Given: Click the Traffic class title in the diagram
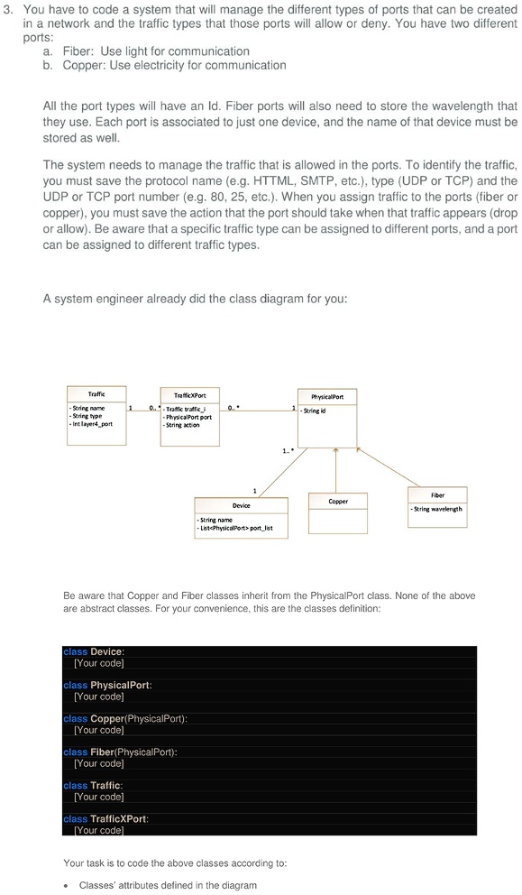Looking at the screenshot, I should coord(96,393).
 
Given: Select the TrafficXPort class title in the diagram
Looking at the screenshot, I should coord(189,396).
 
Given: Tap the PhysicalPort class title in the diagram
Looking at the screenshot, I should coord(332,396).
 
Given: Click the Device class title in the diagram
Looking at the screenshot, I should coord(242,505).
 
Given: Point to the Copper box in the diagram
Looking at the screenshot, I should coord(338,501).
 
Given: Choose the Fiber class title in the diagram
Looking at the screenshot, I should coord(438,494).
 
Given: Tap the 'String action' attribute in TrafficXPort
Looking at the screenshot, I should coord(181,426).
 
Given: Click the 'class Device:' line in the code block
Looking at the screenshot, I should coord(94,651).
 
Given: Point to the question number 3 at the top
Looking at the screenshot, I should coord(8,8).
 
